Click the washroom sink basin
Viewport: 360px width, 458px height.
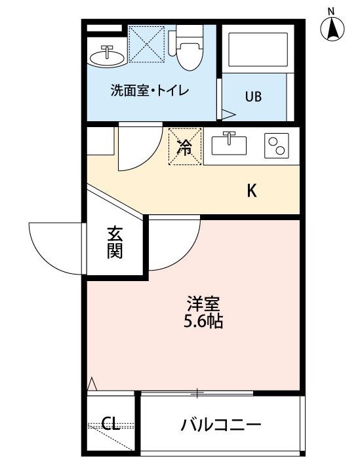(108, 56)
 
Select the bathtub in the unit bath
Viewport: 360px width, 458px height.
(258, 49)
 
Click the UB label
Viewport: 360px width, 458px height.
(253, 96)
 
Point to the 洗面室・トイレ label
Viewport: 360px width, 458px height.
(150, 90)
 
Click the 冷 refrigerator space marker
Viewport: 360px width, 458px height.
(185, 147)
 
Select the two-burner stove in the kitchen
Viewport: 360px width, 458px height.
(277, 145)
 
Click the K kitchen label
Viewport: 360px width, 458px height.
(252, 191)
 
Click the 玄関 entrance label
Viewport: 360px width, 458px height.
(115, 242)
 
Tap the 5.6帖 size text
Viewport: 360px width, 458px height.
(203, 322)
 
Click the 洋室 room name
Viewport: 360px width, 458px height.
(203, 304)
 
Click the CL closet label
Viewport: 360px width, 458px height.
(111, 423)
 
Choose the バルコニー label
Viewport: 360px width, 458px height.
(221, 425)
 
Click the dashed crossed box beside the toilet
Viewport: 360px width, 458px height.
(147, 44)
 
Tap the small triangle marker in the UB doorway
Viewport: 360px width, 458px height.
(228, 114)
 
